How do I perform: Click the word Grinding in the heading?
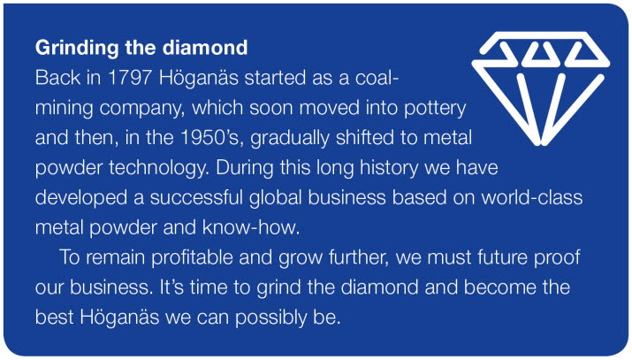tap(77, 49)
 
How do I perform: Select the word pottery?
tap(435, 109)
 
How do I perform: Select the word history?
tap(389, 168)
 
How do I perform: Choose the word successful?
tap(197, 197)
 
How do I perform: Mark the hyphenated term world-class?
tap(531, 197)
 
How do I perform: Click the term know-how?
tap(251, 228)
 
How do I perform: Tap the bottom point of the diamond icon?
tap(541, 142)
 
